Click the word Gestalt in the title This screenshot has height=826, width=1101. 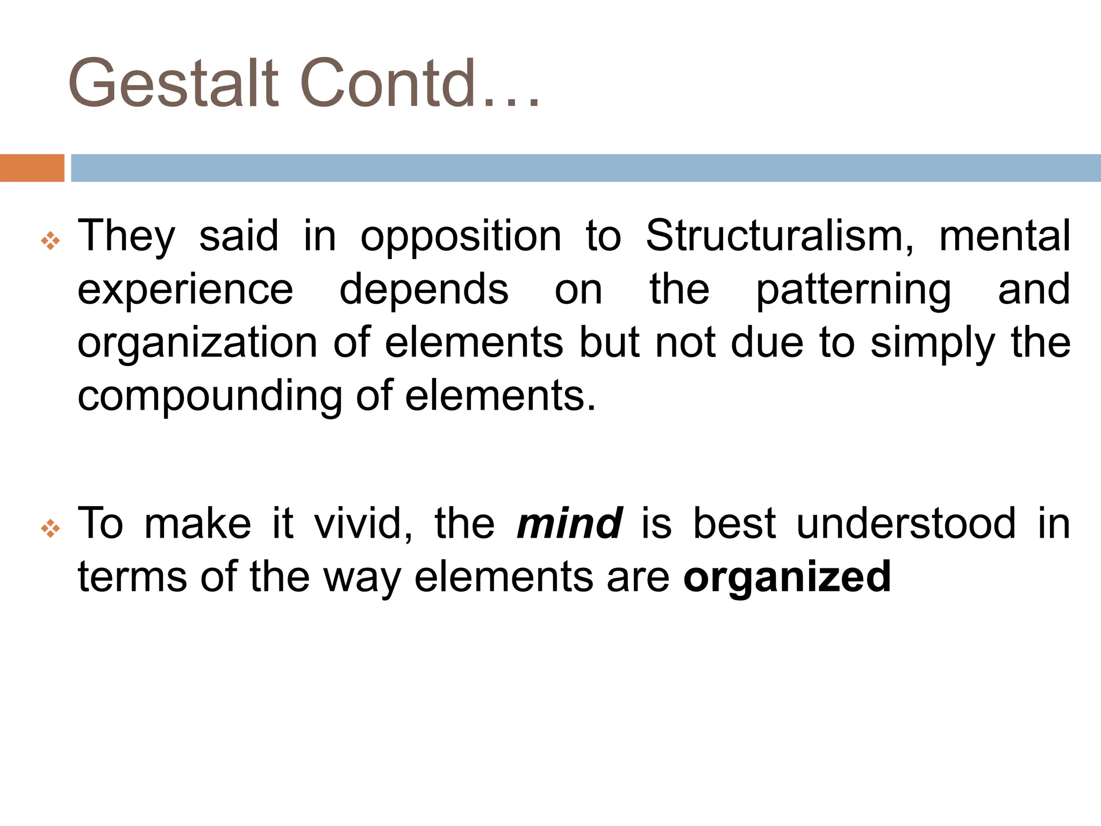point(173,83)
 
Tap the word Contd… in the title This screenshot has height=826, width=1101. point(418,83)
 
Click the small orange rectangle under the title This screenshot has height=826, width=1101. point(32,168)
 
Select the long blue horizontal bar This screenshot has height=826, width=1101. point(585,168)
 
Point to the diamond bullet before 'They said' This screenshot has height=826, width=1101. point(51,240)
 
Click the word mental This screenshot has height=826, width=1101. point(1004,236)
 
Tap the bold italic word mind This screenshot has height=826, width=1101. point(569,523)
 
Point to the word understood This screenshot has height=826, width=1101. point(906,523)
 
